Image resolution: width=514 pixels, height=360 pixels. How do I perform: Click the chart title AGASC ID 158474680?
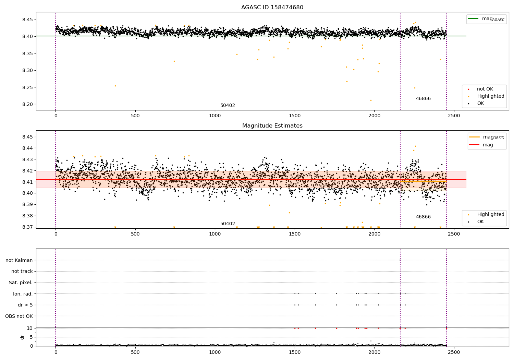[272, 8]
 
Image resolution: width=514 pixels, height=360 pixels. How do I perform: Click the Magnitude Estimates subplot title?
[272, 126]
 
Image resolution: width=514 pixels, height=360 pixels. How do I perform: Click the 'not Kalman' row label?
[19, 260]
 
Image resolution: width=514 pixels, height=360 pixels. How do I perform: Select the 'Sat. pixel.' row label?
[21, 283]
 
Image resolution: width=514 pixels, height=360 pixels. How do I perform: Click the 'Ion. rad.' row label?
[23, 294]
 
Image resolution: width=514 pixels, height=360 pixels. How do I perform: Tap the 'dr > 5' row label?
[25, 305]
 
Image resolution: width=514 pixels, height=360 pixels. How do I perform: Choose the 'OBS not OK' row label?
[19, 316]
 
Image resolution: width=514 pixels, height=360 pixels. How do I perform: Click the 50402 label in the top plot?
[228, 106]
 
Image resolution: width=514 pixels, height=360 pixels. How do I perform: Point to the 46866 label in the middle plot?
[423, 217]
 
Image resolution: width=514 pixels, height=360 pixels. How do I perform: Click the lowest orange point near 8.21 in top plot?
[371, 100]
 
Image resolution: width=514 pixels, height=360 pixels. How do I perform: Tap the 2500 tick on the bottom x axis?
[454, 352]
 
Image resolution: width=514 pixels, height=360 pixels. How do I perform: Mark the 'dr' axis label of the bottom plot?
[22, 337]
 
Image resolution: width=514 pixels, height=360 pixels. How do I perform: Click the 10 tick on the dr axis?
[30, 328]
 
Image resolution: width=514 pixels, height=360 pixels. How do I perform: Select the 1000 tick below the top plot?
[215, 116]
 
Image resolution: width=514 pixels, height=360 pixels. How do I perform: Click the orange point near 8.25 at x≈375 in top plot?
[115, 86]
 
